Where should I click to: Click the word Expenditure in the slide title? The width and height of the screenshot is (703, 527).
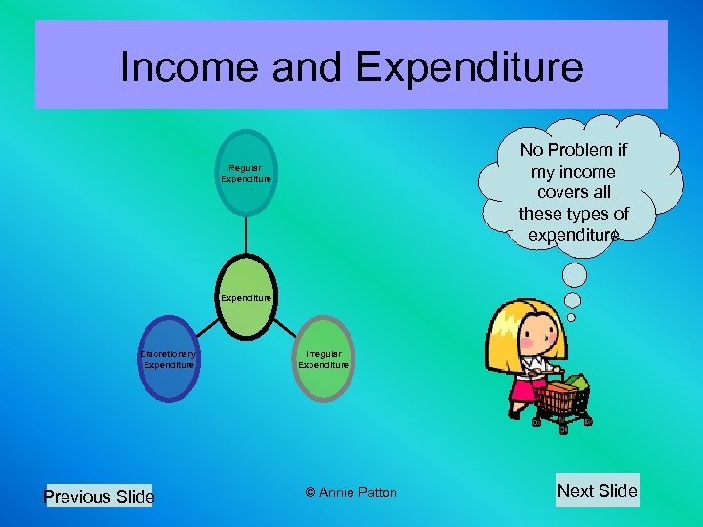pos(470,67)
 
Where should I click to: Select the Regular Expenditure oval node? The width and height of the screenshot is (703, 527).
pos(246,173)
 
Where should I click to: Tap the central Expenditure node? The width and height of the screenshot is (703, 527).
pos(246,297)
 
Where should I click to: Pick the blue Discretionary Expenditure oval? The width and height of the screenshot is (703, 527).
pos(169,359)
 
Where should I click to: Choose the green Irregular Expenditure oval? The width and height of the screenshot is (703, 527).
pos(323,359)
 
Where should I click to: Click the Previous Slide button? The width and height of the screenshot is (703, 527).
pos(99,496)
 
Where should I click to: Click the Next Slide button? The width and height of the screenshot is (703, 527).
pos(597,491)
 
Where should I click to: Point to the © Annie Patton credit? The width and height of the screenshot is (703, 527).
pos(351,492)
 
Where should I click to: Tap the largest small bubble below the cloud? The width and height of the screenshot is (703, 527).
pos(577,274)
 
